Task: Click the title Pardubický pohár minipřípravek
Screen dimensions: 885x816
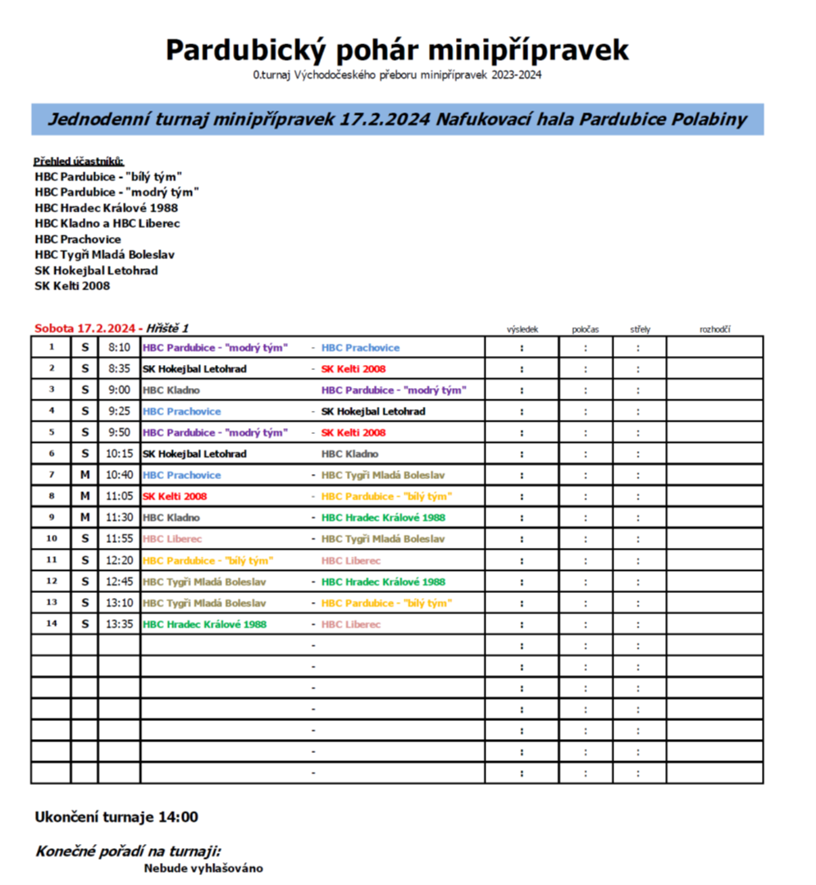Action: click(x=397, y=49)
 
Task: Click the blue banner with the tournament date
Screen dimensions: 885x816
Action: click(x=397, y=120)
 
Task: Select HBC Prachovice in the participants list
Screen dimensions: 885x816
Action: click(x=78, y=239)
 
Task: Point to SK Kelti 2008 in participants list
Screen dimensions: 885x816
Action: click(x=72, y=286)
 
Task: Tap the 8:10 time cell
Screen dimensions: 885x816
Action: click(x=119, y=348)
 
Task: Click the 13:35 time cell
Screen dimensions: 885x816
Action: click(x=119, y=624)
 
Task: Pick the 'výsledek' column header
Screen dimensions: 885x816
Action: click(x=522, y=329)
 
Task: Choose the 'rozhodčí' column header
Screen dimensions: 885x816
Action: click(x=714, y=329)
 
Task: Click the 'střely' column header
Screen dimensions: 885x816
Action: click(x=640, y=329)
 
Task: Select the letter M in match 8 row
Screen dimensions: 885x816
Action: click(x=84, y=496)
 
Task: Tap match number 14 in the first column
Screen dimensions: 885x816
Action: click(x=51, y=624)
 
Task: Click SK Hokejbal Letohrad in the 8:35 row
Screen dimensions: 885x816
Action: click(x=194, y=369)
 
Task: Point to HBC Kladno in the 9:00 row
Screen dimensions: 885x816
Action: click(x=171, y=390)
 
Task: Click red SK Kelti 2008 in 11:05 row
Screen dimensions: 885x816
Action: click(x=175, y=496)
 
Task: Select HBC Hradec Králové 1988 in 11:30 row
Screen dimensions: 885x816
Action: click(x=383, y=518)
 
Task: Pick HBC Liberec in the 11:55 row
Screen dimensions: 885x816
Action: click(x=172, y=539)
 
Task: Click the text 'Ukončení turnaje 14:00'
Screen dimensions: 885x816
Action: click(x=116, y=817)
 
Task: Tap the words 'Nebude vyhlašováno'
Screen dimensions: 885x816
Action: click(x=203, y=868)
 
